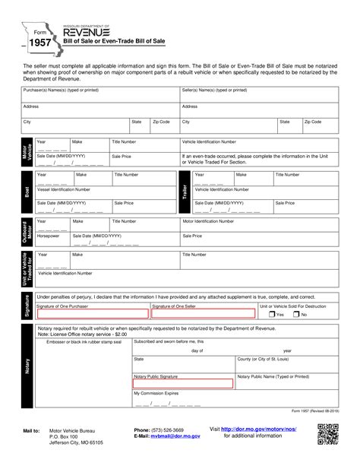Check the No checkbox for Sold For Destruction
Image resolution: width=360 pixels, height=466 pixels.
pos(297,314)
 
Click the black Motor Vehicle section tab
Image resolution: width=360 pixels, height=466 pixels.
pos(26,156)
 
